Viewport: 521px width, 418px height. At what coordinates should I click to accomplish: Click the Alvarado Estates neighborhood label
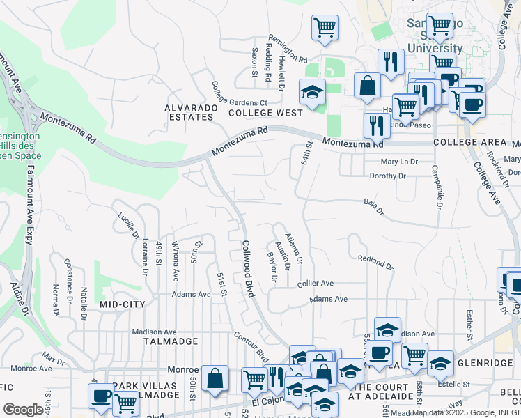[189, 112]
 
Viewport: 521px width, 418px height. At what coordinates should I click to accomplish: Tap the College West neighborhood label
[265, 113]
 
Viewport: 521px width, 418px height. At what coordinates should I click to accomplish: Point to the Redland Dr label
[375, 263]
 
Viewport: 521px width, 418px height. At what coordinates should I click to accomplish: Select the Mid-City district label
[122, 304]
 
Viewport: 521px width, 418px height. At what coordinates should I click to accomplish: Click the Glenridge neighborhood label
[487, 363]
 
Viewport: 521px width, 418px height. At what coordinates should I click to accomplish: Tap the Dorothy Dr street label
[387, 176]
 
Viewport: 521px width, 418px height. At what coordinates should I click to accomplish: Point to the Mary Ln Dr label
[393, 161]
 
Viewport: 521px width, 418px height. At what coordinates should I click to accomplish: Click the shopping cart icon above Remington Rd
[325, 28]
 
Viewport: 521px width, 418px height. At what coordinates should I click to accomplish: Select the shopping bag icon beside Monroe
[215, 378]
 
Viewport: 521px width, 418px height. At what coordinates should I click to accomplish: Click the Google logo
[23, 410]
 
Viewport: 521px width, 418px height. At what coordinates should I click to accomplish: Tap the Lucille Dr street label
[127, 225]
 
